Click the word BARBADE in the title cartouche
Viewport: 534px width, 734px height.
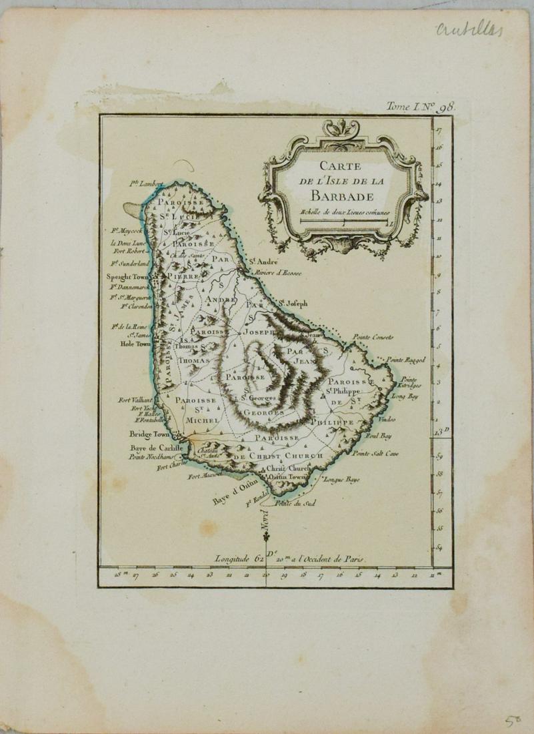[x=340, y=196]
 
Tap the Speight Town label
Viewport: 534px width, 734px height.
[x=128, y=276]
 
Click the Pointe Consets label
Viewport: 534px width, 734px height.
[x=373, y=336]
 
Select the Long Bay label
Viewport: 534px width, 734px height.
[x=404, y=396]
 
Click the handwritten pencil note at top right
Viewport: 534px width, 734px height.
[x=469, y=29]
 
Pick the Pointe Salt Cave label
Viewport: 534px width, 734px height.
[x=375, y=454]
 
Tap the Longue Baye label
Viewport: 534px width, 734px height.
[x=344, y=478]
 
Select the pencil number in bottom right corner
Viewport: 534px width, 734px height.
[x=511, y=721]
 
